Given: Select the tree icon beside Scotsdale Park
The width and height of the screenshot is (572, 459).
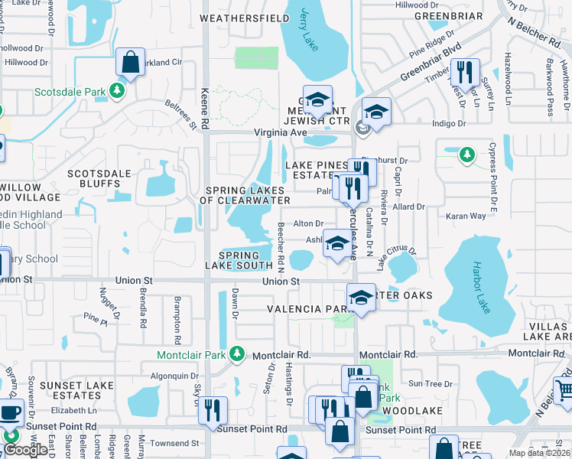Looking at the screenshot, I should coord(117,92).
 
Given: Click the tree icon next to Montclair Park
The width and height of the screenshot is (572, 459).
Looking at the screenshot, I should coord(238,354).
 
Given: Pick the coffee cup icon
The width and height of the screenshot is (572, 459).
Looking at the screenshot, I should coord(11,412).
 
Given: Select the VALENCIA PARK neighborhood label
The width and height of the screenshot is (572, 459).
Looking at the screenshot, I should coord(307,309).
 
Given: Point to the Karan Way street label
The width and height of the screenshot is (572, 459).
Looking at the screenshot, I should coord(466,216).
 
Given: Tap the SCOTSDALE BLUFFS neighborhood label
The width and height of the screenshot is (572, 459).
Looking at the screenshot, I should coord(99,178).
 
